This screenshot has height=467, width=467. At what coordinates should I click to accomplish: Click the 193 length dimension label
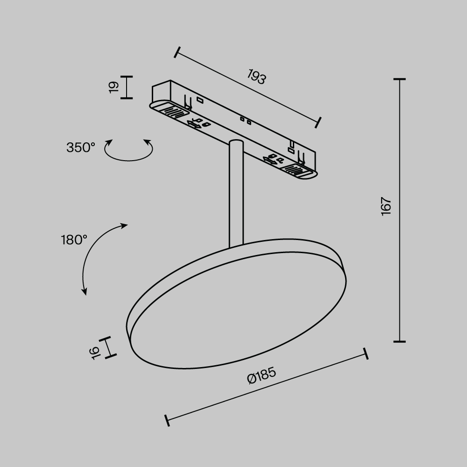pyautogui.click(x=256, y=77)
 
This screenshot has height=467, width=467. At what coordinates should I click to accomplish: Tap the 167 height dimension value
pyautogui.click(x=385, y=206)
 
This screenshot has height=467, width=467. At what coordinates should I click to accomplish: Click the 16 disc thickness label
pyautogui.click(x=96, y=353)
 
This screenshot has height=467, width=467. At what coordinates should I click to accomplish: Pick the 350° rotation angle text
pyautogui.click(x=81, y=148)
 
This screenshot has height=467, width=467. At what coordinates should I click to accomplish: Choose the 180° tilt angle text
pyautogui.click(x=74, y=240)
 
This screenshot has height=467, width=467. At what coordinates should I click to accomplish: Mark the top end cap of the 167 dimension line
pyautogui.click(x=399, y=79)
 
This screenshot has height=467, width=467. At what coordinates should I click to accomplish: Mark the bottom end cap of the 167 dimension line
pyautogui.click(x=399, y=341)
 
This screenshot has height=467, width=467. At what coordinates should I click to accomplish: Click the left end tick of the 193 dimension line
pyautogui.click(x=176, y=52)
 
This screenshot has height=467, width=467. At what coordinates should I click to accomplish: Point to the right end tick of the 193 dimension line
pyautogui.click(x=319, y=122)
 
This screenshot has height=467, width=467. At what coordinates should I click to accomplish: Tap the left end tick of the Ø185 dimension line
pyautogui.click(x=167, y=419)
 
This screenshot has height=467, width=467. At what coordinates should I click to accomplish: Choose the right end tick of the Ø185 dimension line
pyautogui.click(x=366, y=354)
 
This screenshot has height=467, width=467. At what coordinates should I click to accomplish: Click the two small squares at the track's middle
pyautogui.click(x=245, y=121)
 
